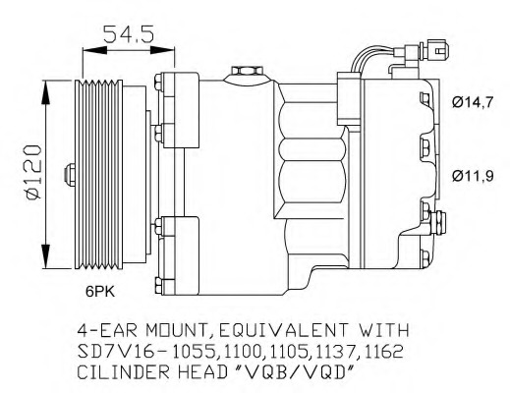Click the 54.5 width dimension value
[129, 33]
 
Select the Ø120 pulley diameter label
[33, 173]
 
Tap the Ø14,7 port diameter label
[472, 103]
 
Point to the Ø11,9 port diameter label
[473, 177]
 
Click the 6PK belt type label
[100, 292]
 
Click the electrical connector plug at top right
[435, 50]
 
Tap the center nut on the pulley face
[69, 175]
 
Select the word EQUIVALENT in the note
[283, 330]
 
